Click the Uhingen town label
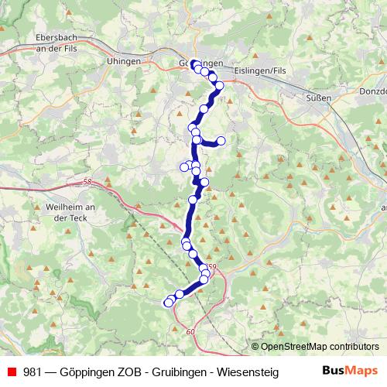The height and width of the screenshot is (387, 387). tap(124, 60)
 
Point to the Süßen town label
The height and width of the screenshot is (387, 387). tap(319, 98)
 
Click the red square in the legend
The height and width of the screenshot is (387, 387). tap(11, 371)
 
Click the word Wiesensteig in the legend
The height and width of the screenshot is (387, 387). tap(247, 371)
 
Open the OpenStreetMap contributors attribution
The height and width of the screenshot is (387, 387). tap(320, 347)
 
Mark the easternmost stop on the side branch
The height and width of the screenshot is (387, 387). tap(221, 141)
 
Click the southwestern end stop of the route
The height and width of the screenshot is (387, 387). tap(168, 303)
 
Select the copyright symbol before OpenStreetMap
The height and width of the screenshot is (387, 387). tap(255, 347)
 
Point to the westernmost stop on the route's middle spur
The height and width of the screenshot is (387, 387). tap(184, 166)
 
